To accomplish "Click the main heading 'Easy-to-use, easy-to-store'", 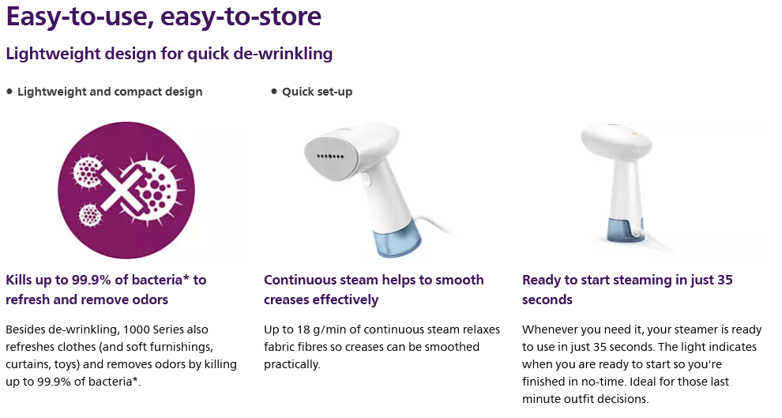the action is pyautogui.click(x=164, y=17).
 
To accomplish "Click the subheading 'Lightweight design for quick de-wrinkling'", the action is pyautogui.click(x=169, y=54).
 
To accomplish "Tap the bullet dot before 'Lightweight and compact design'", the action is pyautogui.click(x=9, y=92).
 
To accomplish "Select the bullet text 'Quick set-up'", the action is pyautogui.click(x=318, y=92).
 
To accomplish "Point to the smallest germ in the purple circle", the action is pyautogui.click(x=90, y=215).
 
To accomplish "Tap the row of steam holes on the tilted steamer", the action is pyautogui.click(x=331, y=156).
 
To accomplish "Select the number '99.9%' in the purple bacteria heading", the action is pyautogui.click(x=92, y=280).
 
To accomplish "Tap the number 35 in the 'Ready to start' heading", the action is pyautogui.click(x=725, y=280).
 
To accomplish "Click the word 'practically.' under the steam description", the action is pyautogui.click(x=292, y=364).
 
